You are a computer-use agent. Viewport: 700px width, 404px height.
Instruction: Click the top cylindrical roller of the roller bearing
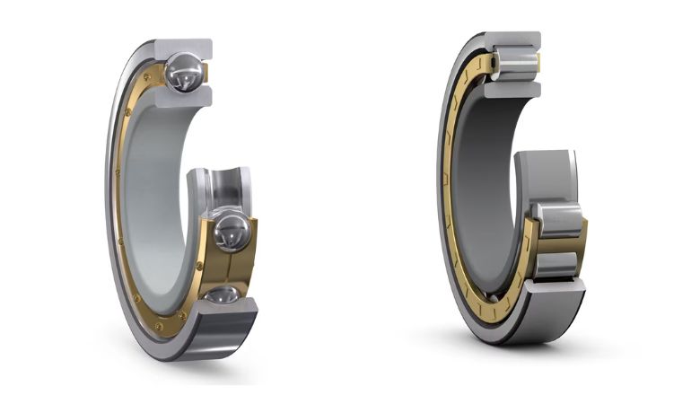click(x=517, y=63)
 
